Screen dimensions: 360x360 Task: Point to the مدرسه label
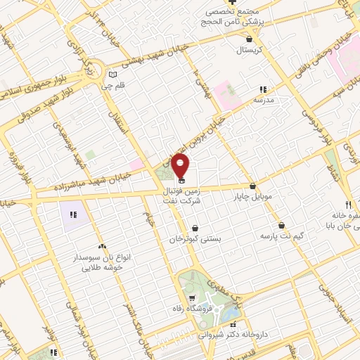[x=263, y=101]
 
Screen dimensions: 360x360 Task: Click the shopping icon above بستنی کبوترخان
[x=194, y=229]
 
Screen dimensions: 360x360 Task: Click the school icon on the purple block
[x=74, y=213]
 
